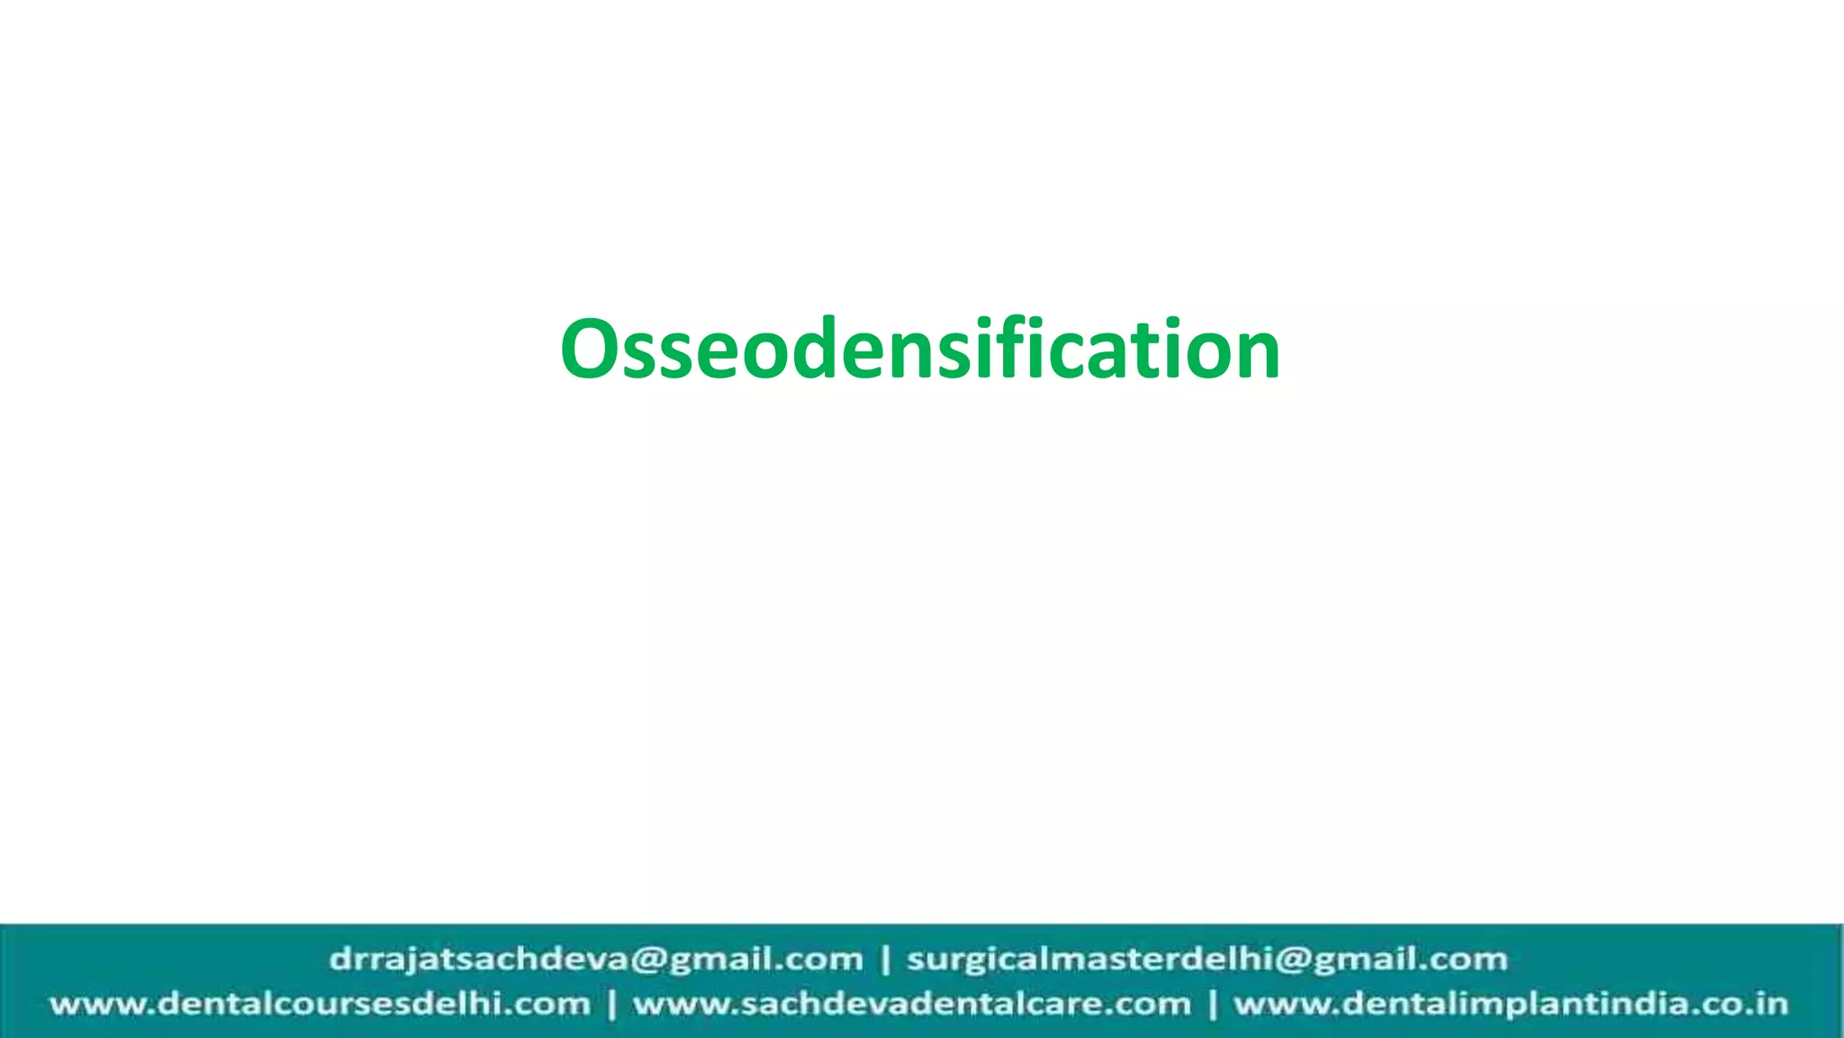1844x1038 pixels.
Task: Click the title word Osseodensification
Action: tap(920, 349)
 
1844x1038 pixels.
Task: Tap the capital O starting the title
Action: tap(591, 350)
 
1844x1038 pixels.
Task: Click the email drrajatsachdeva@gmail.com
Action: tap(596, 959)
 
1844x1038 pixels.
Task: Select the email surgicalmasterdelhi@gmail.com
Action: tap(1207, 959)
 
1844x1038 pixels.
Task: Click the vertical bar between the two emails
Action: tap(885, 960)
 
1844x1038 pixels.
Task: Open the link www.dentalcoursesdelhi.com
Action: tap(320, 1004)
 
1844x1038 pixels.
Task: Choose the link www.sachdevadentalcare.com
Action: tap(911, 1004)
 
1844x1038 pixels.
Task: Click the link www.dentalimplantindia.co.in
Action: tap(1510, 1004)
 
